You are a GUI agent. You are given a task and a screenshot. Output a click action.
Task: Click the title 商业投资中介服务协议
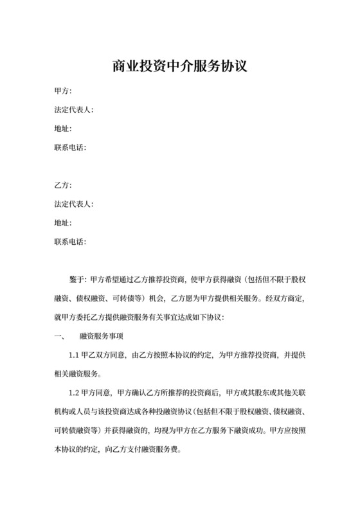(x=179, y=66)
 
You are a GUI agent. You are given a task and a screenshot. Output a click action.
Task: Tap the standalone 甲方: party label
(x=63, y=92)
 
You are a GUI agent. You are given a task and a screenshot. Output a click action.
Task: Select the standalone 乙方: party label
(x=63, y=186)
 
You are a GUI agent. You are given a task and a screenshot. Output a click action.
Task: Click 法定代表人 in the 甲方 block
(x=73, y=111)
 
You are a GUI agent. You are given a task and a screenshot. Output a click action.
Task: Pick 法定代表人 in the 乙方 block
(x=73, y=204)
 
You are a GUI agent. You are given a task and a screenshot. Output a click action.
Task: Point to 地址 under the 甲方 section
(x=63, y=129)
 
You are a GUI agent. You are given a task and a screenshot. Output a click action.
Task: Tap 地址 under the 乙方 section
(x=63, y=223)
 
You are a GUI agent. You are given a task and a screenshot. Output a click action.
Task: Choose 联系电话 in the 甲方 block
(x=70, y=148)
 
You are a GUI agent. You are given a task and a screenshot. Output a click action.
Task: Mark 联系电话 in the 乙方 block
(x=70, y=242)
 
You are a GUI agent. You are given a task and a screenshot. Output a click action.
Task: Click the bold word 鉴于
(x=76, y=280)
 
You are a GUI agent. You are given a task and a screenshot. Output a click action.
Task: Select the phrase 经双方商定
(x=283, y=299)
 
